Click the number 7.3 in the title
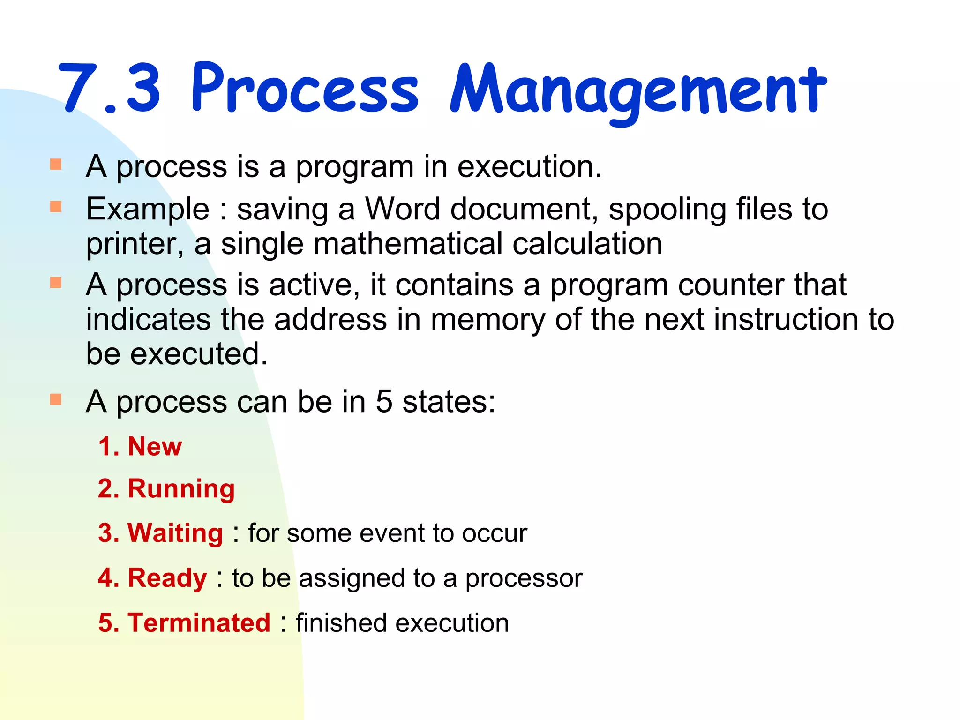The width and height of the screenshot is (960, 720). click(x=110, y=88)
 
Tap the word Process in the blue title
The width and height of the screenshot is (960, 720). click(x=305, y=88)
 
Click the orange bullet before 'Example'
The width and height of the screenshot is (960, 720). click(x=56, y=206)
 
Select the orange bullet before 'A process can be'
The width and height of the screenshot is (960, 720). click(x=56, y=399)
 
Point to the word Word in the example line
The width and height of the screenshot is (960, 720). click(x=402, y=209)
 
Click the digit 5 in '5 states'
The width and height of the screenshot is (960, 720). click(x=383, y=402)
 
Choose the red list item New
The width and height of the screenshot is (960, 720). click(x=155, y=446)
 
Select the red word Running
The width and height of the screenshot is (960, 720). click(x=181, y=489)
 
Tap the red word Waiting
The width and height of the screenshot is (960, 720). click(x=175, y=533)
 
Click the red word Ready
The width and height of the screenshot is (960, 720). click(x=167, y=578)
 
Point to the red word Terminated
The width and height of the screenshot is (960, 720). click(x=199, y=623)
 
